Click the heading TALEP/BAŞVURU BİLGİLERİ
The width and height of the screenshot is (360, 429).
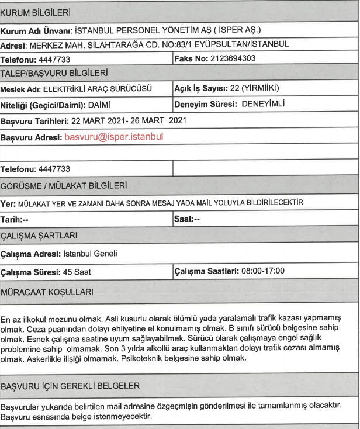47,74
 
